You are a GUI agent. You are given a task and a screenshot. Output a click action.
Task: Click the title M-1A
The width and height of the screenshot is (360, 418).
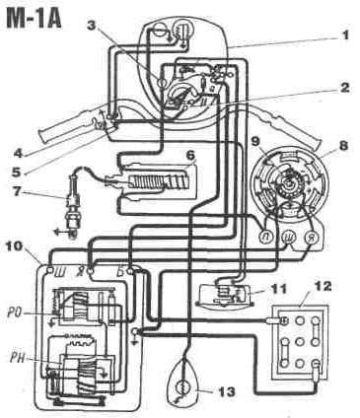35,19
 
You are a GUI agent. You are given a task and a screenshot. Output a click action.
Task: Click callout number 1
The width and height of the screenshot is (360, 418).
343,35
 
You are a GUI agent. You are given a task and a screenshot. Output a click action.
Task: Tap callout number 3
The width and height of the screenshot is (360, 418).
93,26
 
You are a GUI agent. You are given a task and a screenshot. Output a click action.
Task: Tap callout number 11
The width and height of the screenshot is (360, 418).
275,289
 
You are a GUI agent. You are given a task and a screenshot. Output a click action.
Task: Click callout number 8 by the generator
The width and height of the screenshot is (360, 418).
343,146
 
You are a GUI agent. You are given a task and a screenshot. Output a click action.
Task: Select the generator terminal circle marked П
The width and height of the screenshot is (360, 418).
265,236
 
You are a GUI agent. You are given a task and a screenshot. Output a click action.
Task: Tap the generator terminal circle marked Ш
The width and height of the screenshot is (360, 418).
288,237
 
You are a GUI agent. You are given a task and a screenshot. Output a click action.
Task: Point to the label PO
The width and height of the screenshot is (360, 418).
15,313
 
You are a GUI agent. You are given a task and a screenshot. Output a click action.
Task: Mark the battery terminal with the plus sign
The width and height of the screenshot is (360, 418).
283,319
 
